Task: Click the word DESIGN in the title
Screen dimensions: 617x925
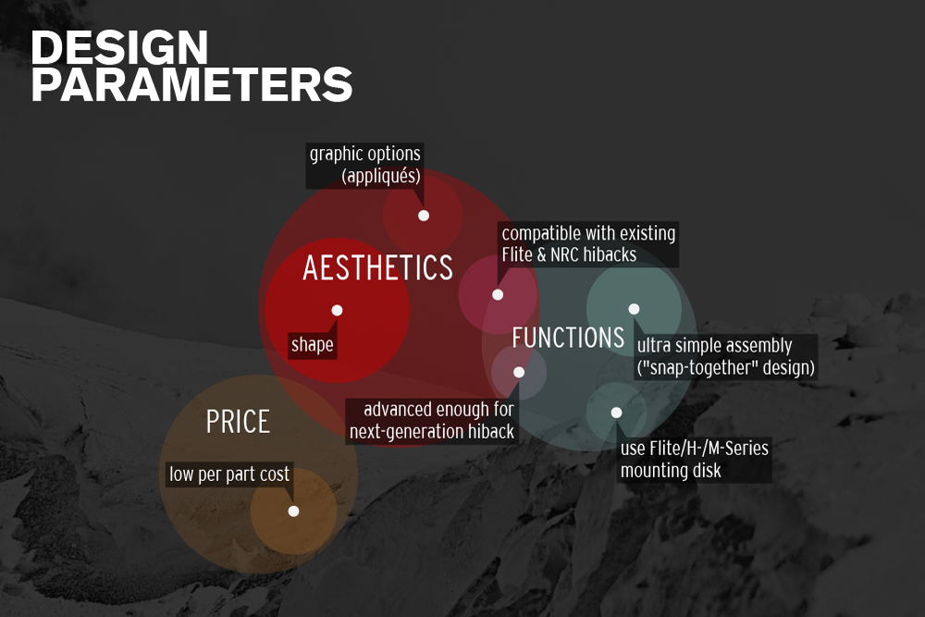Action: (120, 49)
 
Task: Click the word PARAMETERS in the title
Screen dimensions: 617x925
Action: (192, 85)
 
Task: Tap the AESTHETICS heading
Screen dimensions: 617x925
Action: (377, 268)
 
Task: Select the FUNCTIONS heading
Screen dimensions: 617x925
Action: (568, 338)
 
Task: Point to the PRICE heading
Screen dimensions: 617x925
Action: (238, 422)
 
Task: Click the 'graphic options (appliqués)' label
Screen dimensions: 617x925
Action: (365, 165)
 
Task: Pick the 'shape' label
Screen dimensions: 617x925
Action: (312, 345)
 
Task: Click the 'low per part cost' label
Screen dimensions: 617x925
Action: (228, 475)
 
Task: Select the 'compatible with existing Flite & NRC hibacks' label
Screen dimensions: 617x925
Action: (588, 244)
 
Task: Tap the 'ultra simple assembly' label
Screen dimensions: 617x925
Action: (714, 346)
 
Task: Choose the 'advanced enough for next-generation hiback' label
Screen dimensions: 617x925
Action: (432, 420)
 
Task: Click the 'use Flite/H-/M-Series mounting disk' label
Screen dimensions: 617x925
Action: (694, 459)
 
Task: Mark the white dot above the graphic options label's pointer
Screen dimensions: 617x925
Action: (424, 216)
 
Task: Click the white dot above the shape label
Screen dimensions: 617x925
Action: (337, 310)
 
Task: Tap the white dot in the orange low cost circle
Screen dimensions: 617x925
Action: (293, 511)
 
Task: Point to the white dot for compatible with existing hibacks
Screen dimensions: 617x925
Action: (498, 295)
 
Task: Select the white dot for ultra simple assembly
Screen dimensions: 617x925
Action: (634, 309)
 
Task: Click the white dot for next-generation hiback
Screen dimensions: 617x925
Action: (519, 372)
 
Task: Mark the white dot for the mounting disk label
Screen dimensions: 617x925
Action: (616, 413)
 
